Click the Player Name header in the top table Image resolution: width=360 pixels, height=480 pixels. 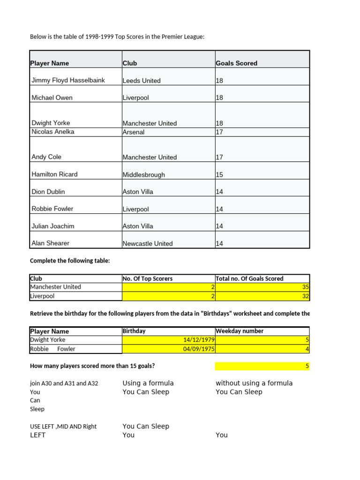point(49,63)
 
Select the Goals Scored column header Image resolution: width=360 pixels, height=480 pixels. point(236,63)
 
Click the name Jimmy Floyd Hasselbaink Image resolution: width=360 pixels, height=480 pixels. point(68,80)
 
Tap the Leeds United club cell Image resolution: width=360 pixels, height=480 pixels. point(142,81)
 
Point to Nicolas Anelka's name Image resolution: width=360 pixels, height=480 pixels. point(52,132)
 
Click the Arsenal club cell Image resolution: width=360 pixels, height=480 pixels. point(134,132)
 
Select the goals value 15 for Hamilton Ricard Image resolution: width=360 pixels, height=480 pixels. point(219,175)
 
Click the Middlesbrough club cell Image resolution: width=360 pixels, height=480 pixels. point(144,175)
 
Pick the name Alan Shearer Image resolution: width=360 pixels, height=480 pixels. point(50,243)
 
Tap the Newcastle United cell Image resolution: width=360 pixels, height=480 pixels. point(148,244)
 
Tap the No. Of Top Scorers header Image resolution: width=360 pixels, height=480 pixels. point(148,278)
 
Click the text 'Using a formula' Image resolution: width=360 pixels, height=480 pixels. point(148,383)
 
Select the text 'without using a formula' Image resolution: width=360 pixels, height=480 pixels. point(254,383)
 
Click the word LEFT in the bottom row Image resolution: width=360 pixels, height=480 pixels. point(38,435)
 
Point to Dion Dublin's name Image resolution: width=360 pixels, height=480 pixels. point(48,192)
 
